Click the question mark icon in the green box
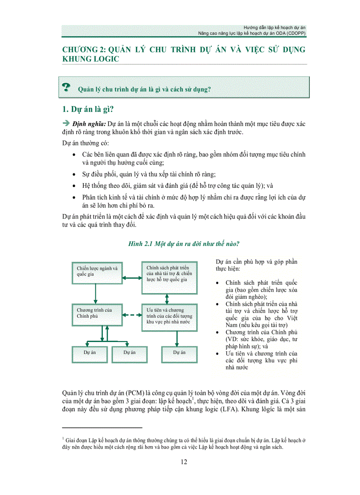click(67, 87)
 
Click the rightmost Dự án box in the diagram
click(180, 353)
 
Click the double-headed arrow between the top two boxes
click(131, 278)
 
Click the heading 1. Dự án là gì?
click(88, 109)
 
